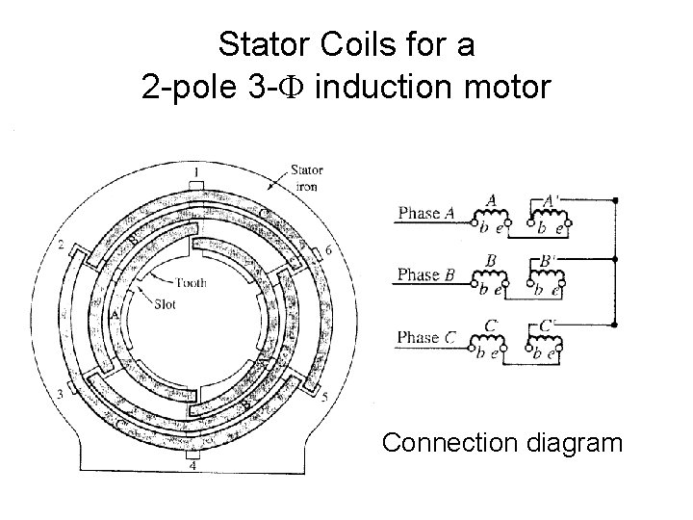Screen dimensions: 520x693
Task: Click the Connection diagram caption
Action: [501, 443]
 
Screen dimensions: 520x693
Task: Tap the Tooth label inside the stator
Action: [190, 283]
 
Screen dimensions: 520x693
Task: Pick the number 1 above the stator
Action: [195, 172]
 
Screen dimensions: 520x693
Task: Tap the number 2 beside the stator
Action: [62, 247]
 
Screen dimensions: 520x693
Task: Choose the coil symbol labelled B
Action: [492, 277]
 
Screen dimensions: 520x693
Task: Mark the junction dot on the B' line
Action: [615, 260]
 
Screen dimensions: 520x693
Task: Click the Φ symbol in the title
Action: [295, 89]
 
